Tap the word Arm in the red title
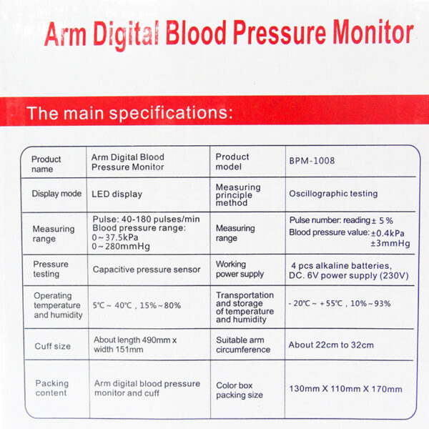(x=65, y=34)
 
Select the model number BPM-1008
(x=312, y=161)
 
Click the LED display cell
(x=117, y=194)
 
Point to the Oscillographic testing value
(x=333, y=194)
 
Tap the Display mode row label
(x=56, y=194)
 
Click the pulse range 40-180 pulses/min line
(x=146, y=220)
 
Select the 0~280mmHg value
(x=121, y=247)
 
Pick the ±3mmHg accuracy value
(x=390, y=243)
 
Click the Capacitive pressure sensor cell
(x=147, y=270)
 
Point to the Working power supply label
(x=240, y=270)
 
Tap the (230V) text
(x=394, y=275)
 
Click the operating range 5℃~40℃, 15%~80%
(x=137, y=305)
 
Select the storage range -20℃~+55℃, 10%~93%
(x=340, y=303)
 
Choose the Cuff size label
(x=53, y=346)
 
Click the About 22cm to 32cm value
(x=331, y=345)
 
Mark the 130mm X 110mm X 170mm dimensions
(x=346, y=389)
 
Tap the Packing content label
(x=51, y=388)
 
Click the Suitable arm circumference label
(x=243, y=345)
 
